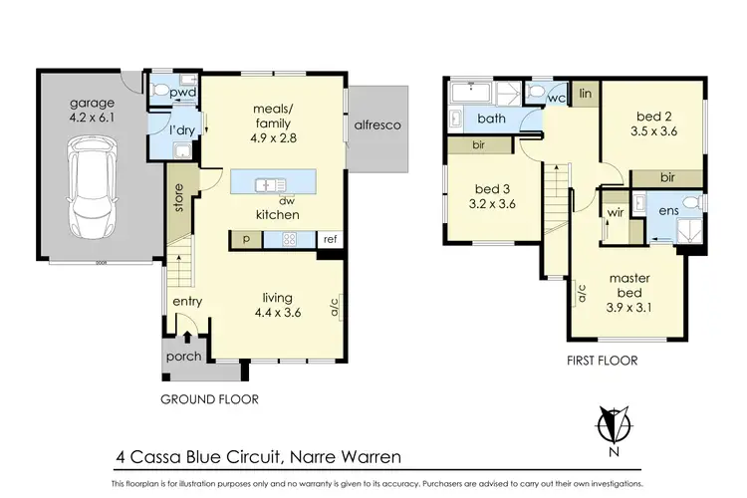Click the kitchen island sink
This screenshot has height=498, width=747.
270,184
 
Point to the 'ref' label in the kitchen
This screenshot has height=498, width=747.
329,239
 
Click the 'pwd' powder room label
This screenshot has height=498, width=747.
182,94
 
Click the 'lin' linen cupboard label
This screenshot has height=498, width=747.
586,93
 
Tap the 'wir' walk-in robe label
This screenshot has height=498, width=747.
615,213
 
